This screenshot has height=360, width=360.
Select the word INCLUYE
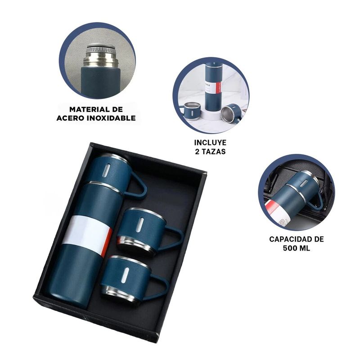207,143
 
